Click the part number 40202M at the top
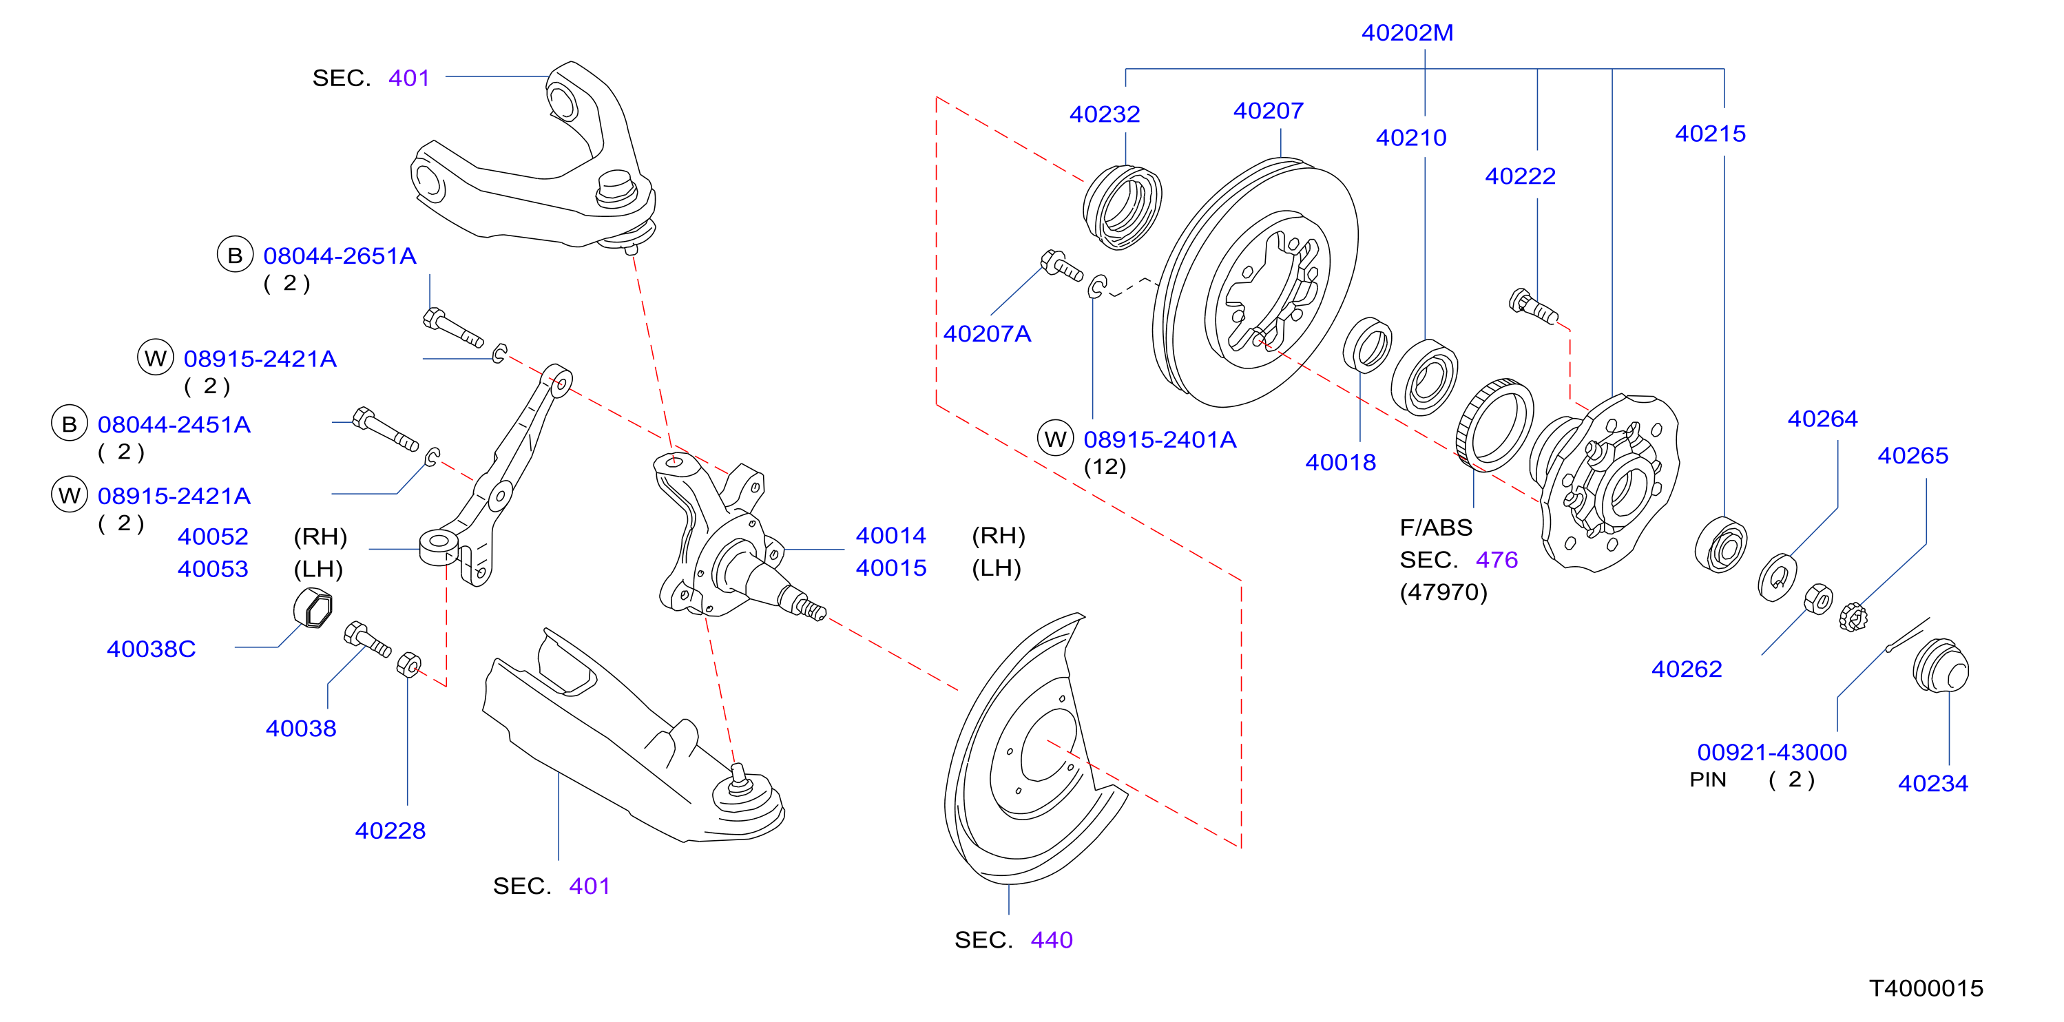[1407, 33]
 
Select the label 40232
[1104, 114]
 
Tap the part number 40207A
[986, 334]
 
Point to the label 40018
[1339, 463]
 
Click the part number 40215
[1710, 134]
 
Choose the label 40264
[1822, 419]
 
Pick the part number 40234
[1932, 783]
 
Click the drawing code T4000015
[1926, 988]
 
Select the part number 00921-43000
[1771, 753]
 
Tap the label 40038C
[151, 649]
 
